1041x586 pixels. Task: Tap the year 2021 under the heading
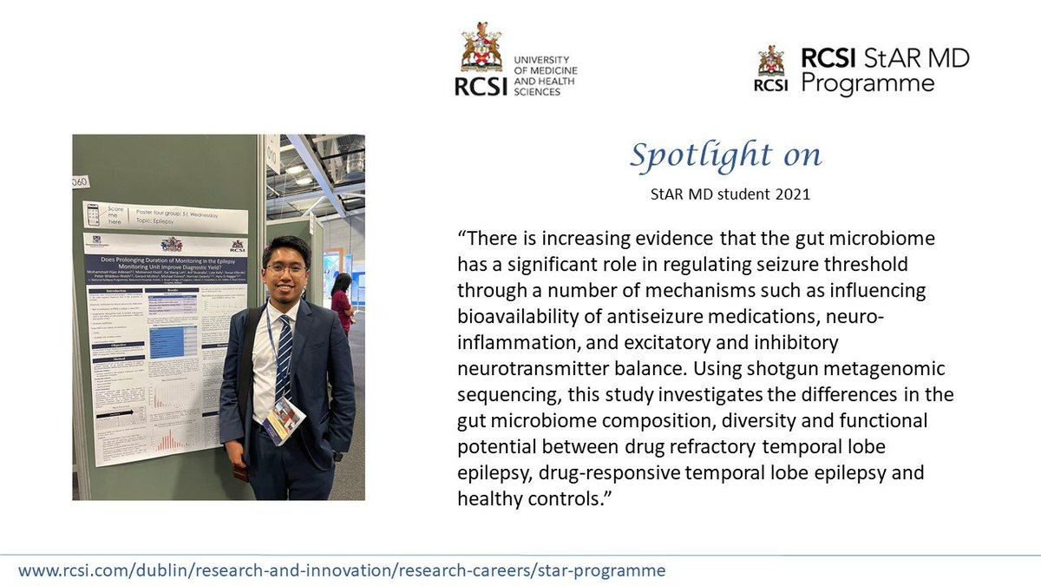[792, 194]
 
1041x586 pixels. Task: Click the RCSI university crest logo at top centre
[481, 49]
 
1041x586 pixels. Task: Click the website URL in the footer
[342, 570]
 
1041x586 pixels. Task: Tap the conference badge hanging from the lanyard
[283, 420]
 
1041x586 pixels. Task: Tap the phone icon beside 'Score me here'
[94, 212]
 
